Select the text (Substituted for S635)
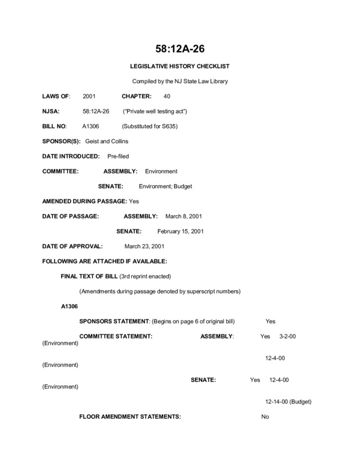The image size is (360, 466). (149, 125)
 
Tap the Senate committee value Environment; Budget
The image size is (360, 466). (165, 186)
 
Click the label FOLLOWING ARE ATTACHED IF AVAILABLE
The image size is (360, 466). (105, 262)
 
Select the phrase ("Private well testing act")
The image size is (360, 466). (154, 110)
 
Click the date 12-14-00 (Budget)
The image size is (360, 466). (288, 401)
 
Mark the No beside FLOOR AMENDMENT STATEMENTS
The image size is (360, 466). (265, 416)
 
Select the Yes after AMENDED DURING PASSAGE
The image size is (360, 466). (133, 202)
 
